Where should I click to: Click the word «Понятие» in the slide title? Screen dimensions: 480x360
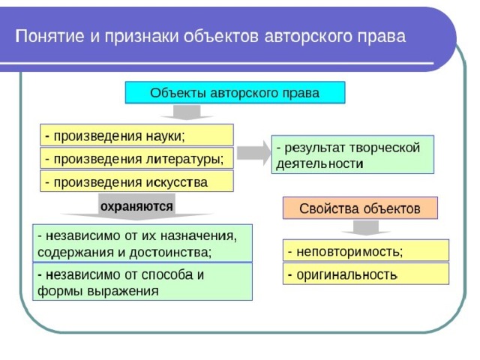(x=49, y=36)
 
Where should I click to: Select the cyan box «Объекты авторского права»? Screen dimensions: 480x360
(x=235, y=92)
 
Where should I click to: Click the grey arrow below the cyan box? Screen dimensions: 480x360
(x=187, y=112)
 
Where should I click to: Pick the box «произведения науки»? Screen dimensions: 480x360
(x=136, y=135)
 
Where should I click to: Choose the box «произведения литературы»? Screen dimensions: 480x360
(x=136, y=158)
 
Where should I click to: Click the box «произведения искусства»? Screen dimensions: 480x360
(x=136, y=181)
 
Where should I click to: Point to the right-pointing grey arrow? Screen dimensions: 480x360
(x=254, y=153)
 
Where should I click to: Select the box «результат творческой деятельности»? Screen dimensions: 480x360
(x=352, y=154)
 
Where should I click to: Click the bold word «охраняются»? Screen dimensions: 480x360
(x=136, y=207)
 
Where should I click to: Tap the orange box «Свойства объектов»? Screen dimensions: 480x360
(x=360, y=208)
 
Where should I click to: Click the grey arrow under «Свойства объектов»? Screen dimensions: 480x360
(x=366, y=228)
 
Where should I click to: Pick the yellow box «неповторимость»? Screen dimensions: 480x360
(x=366, y=250)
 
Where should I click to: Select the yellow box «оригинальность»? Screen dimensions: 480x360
(x=366, y=274)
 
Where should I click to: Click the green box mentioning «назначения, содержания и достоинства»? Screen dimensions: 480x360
(x=142, y=243)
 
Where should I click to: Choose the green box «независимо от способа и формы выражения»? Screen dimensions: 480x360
(x=142, y=282)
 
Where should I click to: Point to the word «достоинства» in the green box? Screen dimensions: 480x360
(x=170, y=253)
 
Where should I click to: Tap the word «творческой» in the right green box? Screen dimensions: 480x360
(x=384, y=148)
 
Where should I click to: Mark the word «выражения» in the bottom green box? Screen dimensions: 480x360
(x=123, y=291)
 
